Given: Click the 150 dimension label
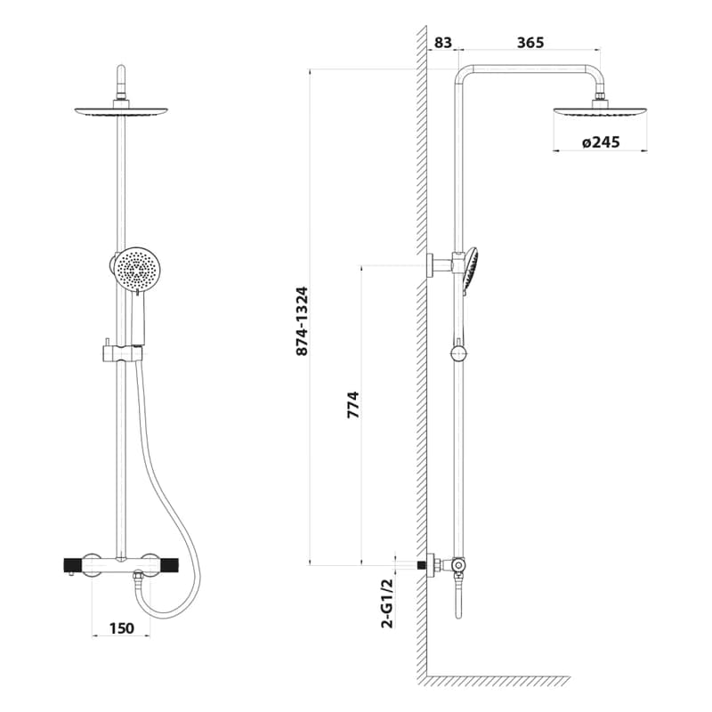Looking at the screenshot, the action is click(x=122, y=628).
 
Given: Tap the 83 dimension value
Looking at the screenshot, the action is click(x=442, y=42).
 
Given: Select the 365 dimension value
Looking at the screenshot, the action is click(x=530, y=42).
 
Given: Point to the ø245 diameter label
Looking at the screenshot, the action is click(x=600, y=142).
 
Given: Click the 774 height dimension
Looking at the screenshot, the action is click(x=352, y=404).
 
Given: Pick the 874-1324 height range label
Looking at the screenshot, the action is click(x=302, y=321).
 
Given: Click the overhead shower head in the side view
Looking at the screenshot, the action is click(x=600, y=112).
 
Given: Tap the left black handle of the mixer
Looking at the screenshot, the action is click(x=72, y=566).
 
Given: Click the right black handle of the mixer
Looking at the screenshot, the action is click(x=168, y=566).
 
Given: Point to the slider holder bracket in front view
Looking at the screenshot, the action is click(x=121, y=353).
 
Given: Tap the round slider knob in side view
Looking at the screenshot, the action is click(x=458, y=352).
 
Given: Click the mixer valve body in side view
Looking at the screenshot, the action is click(x=458, y=565).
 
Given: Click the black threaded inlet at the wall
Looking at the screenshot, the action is click(x=422, y=565).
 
